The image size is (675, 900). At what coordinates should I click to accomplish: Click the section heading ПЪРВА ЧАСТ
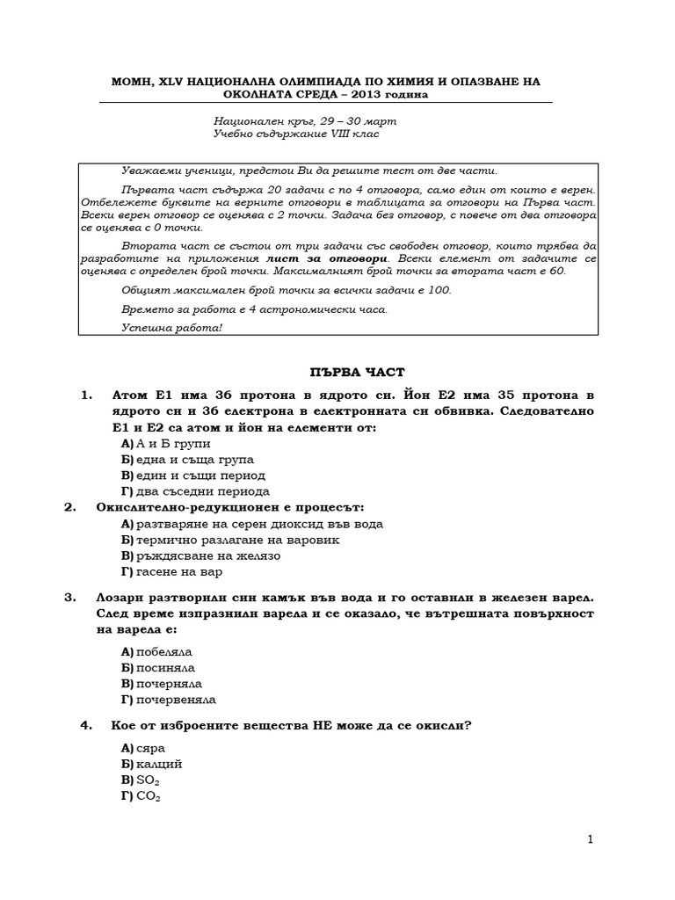coord(337,372)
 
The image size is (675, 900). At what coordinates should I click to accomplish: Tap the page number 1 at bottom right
coord(591,839)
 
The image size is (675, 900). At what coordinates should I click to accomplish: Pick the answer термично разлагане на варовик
coord(230,540)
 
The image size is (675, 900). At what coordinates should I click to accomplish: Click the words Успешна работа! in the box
coord(173,327)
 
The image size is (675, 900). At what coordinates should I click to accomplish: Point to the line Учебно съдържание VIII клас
coord(296,134)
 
